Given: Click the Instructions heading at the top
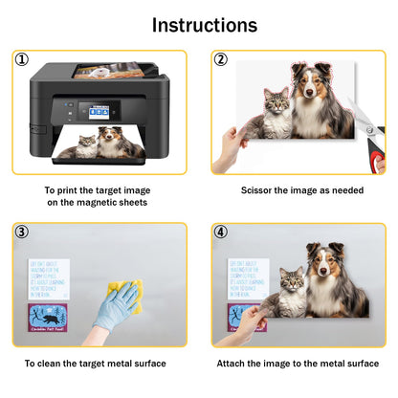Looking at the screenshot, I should tap(204, 25).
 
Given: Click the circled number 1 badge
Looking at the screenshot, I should tap(21, 59).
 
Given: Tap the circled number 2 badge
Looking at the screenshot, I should tap(221, 59).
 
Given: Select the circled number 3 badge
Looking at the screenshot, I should tap(21, 232).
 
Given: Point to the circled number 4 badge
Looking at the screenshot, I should tap(221, 232).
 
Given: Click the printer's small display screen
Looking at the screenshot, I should tap(99, 111).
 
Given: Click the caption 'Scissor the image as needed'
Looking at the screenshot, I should tap(301, 190).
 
